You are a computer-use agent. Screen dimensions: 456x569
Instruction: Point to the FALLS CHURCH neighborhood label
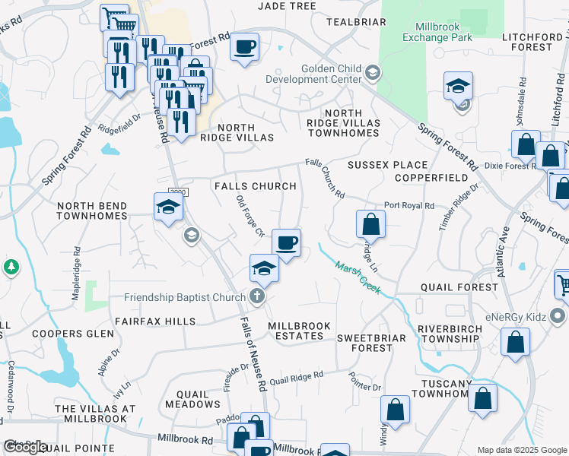[x=255, y=186]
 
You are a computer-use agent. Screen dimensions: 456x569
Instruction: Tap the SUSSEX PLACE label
[x=387, y=165]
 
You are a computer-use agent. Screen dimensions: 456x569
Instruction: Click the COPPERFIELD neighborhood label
[x=431, y=177]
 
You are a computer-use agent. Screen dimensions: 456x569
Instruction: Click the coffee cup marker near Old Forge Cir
[x=286, y=243]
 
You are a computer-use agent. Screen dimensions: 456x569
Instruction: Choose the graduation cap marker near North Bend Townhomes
[x=168, y=206]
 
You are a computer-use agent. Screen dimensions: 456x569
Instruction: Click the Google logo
[x=25, y=447]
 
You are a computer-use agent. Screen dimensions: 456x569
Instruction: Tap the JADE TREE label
[x=287, y=6]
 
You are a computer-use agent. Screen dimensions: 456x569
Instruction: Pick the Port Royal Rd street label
[x=408, y=205]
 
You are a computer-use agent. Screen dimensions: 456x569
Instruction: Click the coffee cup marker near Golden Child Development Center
[x=244, y=47]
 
